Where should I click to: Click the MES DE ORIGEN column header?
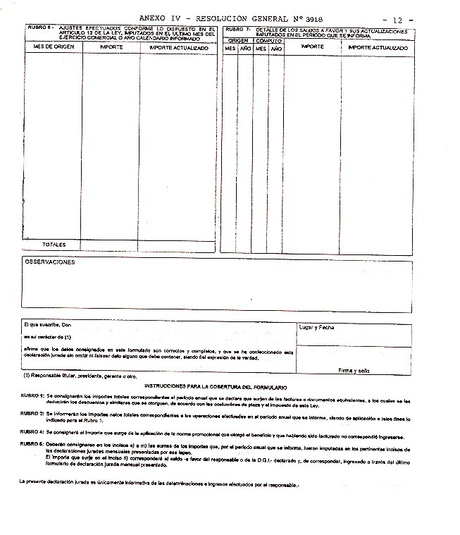[54, 47]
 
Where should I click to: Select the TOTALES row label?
[54, 245]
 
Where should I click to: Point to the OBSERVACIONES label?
[50, 262]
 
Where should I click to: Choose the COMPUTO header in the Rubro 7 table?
[268, 41]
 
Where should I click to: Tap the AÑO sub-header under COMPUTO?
[276, 49]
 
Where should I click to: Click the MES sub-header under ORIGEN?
[230, 49]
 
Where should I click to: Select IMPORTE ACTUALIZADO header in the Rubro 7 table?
[378, 47]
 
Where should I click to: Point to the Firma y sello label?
[354, 370]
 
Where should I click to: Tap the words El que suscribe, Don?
[48, 326]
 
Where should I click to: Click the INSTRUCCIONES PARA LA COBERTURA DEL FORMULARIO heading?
[215, 388]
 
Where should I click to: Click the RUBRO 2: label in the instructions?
[32, 413]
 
